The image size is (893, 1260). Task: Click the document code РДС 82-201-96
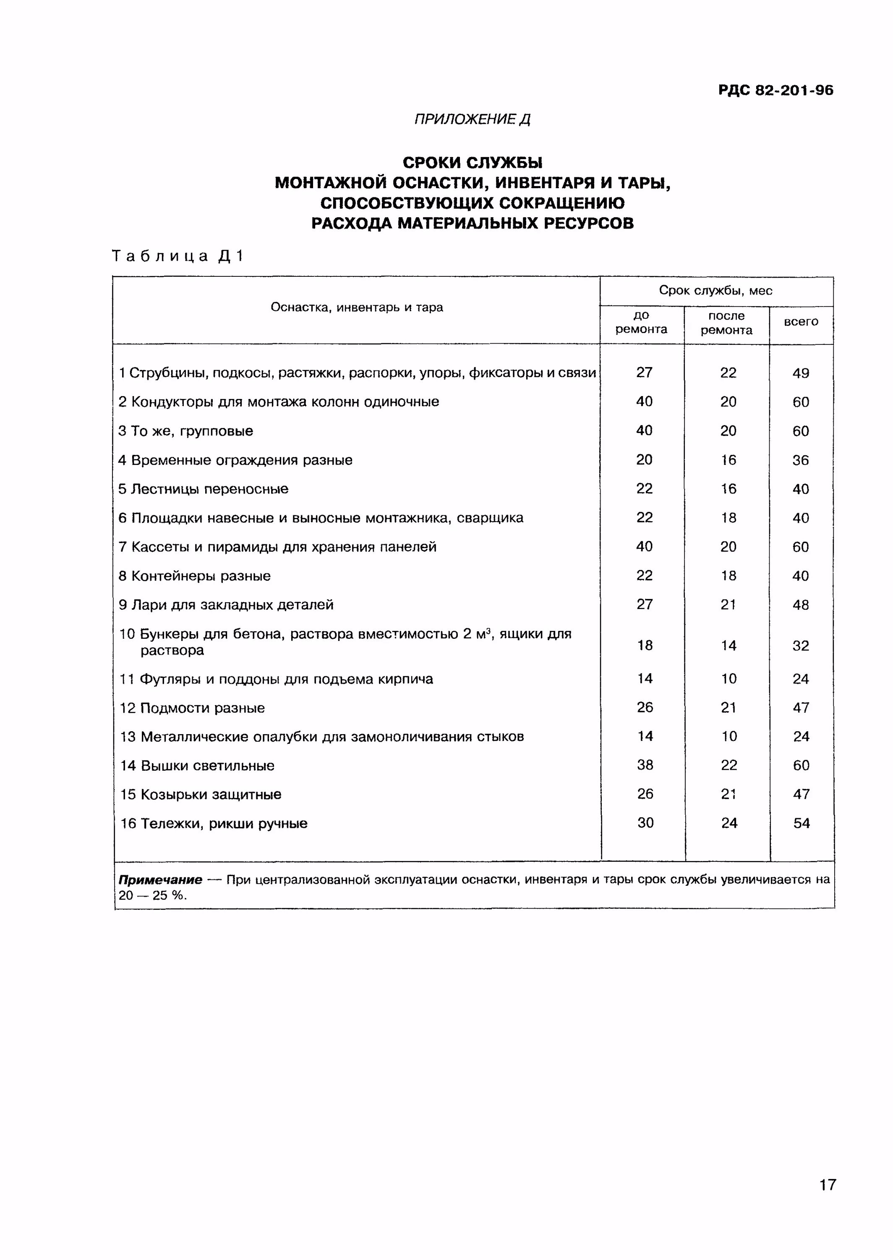(x=775, y=90)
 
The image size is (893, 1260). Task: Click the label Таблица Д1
(x=178, y=256)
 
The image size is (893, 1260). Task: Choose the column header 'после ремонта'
(x=726, y=323)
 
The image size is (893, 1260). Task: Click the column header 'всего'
(x=801, y=322)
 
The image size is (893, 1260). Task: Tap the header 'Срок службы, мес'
(x=715, y=291)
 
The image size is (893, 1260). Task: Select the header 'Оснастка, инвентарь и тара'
(x=357, y=307)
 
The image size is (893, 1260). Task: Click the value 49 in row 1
(x=801, y=373)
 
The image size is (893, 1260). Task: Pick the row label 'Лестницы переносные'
(x=209, y=489)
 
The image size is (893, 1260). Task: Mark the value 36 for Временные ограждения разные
(x=801, y=460)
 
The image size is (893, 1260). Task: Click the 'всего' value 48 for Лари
(x=801, y=605)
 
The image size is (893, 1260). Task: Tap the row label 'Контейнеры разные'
(x=201, y=576)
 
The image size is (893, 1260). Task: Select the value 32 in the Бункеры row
(x=801, y=646)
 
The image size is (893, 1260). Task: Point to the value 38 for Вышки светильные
(x=645, y=765)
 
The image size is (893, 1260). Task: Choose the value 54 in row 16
(x=801, y=823)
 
